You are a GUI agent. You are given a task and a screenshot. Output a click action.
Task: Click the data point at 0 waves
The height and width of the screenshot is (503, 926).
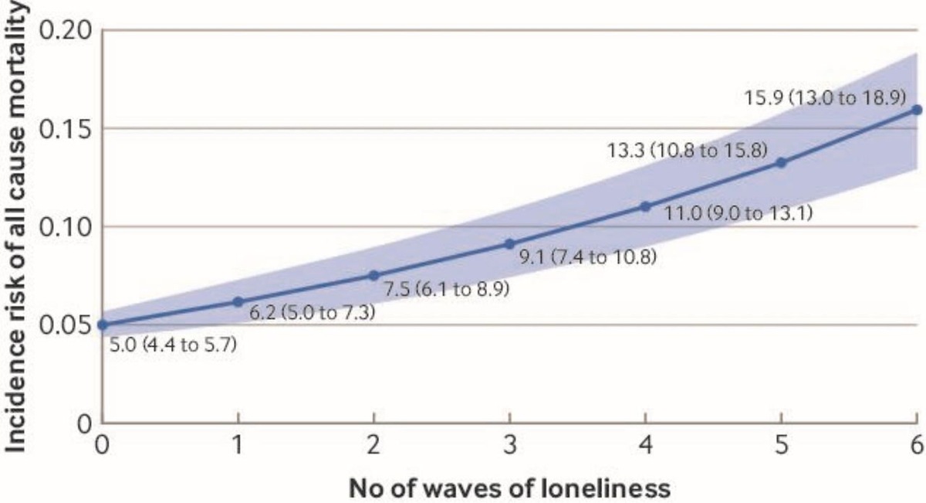pos(103,325)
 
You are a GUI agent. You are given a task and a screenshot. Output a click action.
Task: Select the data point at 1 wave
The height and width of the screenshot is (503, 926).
pos(238,301)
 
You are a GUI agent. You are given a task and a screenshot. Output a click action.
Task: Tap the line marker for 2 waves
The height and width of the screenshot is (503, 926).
pos(373,275)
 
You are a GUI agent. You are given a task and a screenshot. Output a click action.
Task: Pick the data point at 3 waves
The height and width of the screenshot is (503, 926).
pos(509,243)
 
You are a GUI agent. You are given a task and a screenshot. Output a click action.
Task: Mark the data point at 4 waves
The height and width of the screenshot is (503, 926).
pos(645,206)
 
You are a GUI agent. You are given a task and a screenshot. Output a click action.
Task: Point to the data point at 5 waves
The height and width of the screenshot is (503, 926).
pos(781,162)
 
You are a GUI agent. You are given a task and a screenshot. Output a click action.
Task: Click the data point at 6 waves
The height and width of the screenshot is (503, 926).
pos(916,110)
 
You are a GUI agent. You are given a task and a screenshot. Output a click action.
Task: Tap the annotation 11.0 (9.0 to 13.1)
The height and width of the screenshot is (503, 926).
pos(740,214)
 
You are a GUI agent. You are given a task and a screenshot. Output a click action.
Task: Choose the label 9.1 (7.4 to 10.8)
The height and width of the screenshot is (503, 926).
pos(588,256)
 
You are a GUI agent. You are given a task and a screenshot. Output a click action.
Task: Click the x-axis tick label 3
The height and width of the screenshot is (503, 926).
pos(509,446)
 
